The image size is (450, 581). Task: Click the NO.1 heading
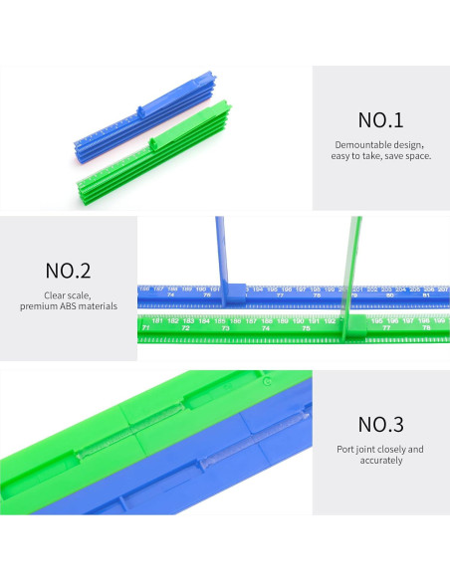click(380, 121)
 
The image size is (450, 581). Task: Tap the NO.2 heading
click(68, 270)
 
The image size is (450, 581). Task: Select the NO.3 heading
click(380, 425)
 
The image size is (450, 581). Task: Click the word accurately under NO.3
click(381, 461)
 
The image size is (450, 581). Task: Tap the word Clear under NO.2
click(56, 295)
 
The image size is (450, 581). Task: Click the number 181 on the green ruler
click(158, 320)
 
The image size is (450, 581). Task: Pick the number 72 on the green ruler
click(186, 327)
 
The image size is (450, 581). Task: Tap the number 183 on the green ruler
click(188, 320)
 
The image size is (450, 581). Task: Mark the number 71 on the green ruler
click(146, 327)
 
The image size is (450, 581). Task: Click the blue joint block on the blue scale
click(235, 292)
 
